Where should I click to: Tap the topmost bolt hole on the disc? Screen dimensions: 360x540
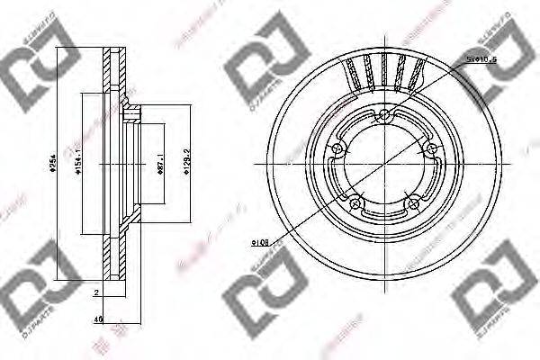click(x=384, y=113)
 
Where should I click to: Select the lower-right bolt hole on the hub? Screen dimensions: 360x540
click(x=416, y=202)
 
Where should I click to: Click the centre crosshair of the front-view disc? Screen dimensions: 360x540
click(x=384, y=165)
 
